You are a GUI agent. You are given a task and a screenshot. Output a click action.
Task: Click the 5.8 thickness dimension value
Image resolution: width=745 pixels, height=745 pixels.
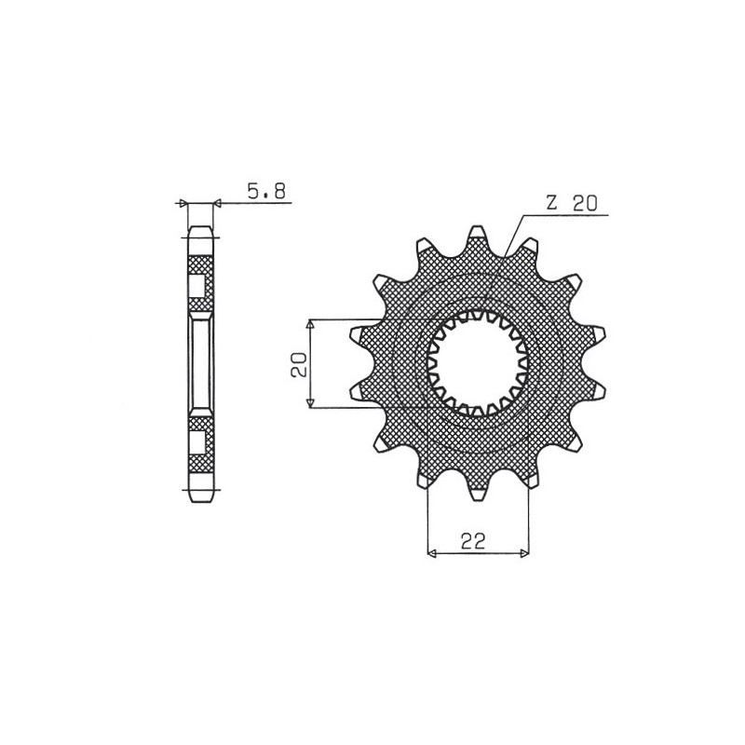[x=266, y=192]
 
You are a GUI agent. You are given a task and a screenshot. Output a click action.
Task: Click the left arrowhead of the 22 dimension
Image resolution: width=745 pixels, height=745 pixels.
[x=431, y=554]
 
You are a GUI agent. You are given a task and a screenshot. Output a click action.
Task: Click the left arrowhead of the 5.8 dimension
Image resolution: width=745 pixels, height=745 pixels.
[x=183, y=202]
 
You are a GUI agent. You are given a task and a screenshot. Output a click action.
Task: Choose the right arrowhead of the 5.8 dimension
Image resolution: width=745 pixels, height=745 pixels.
[x=218, y=202]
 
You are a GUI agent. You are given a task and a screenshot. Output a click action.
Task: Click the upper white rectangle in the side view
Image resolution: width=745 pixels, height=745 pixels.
[x=200, y=286]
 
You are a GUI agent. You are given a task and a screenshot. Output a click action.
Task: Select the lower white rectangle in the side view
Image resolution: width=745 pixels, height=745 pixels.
[x=200, y=440]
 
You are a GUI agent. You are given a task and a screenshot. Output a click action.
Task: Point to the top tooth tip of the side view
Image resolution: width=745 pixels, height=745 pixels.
[x=200, y=229]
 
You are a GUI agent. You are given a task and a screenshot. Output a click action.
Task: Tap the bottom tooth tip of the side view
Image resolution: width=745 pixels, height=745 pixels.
[x=200, y=496]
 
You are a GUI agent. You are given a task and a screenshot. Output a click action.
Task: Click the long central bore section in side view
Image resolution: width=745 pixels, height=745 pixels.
[x=200, y=363]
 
